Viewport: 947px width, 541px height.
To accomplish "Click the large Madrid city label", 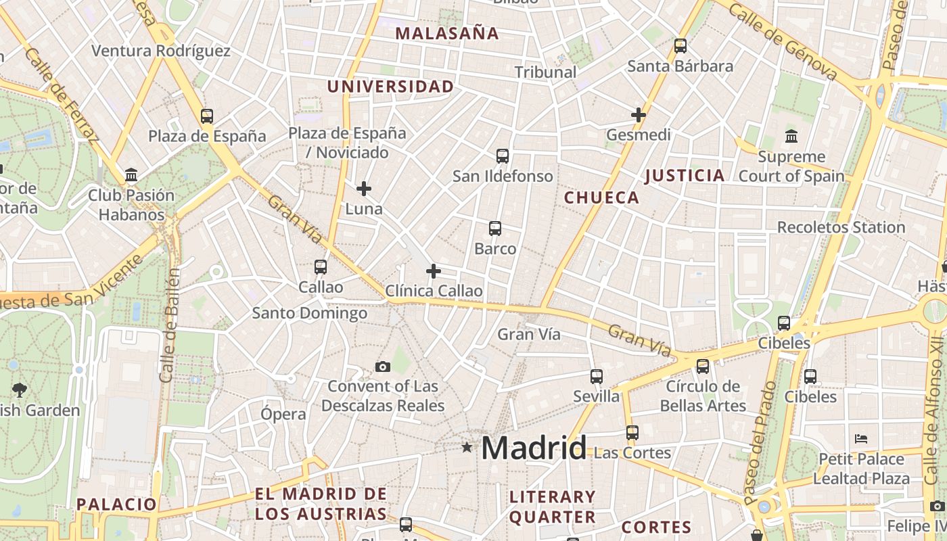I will (534, 448).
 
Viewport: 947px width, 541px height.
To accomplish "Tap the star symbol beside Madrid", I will (467, 447).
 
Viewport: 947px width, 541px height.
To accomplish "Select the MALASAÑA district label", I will (447, 33).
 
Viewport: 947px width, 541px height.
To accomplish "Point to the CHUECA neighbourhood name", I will (601, 197).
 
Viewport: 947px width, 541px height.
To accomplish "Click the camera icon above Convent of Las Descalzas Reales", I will (383, 367).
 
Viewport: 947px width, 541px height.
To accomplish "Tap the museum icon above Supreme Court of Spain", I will (791, 137).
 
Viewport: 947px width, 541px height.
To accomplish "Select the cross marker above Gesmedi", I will (638, 115).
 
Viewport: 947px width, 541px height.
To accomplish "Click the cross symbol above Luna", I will (364, 189).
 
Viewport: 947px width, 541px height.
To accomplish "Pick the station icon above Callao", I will (321, 267).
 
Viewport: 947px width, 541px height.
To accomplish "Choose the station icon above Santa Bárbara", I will (680, 46).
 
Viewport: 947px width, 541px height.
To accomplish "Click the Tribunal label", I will (545, 72).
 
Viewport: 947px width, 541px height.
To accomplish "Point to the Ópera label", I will (283, 414).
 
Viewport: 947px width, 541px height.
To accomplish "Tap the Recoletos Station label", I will (841, 227).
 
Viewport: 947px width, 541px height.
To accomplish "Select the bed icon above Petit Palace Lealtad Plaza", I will (861, 439).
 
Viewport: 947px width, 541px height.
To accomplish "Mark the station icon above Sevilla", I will (596, 377).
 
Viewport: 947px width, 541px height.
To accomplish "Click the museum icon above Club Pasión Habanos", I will (131, 176).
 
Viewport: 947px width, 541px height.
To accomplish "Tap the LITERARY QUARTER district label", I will (552, 507).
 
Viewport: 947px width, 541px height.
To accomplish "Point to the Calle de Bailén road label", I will (169, 325).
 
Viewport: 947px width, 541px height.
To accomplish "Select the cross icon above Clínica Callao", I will (434, 271).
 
